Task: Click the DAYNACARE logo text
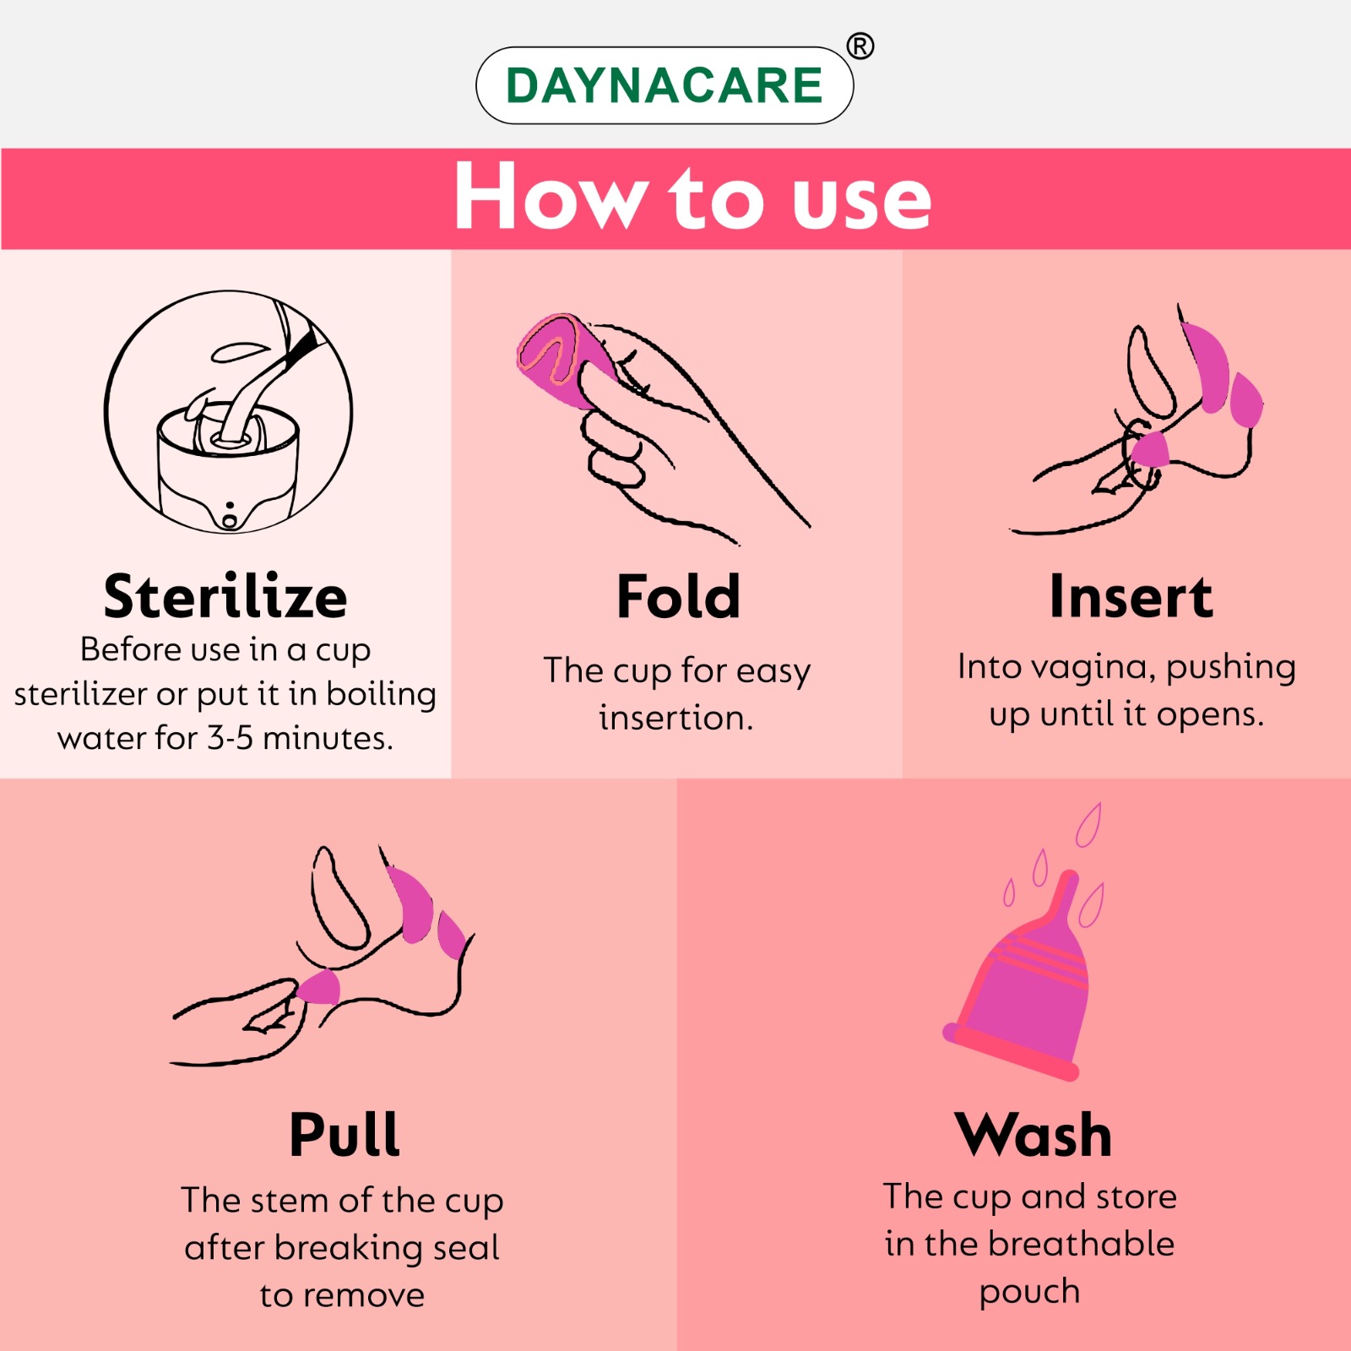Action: click(665, 85)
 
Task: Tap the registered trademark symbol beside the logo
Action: click(860, 46)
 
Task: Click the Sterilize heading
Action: click(225, 596)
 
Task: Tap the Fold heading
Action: click(678, 596)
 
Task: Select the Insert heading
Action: click(1131, 596)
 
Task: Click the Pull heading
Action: click(345, 1134)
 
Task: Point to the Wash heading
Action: click(1033, 1134)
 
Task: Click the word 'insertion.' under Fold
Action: click(675, 718)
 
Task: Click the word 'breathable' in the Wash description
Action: click(1082, 1244)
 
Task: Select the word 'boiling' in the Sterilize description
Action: click(381, 694)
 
